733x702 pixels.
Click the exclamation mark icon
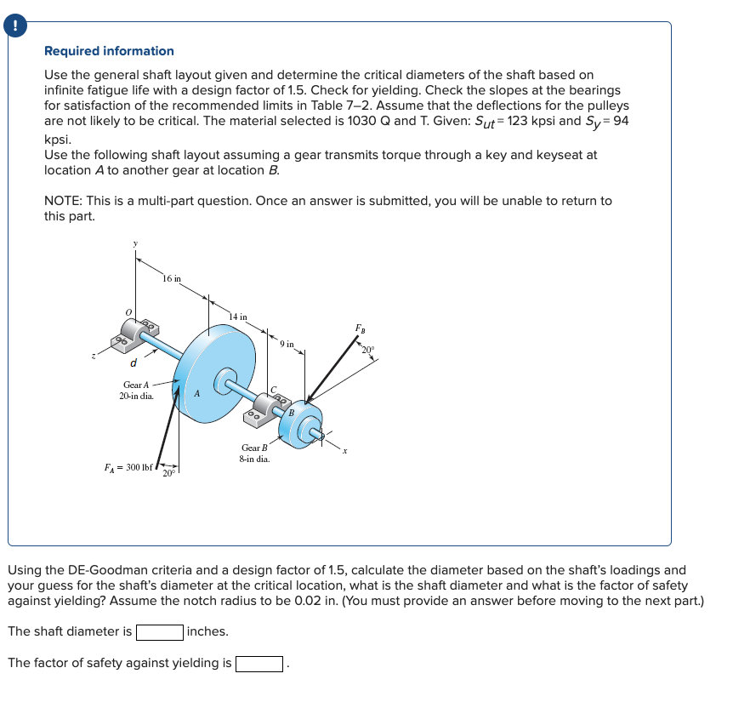(x=14, y=26)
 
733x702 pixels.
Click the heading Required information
(x=109, y=51)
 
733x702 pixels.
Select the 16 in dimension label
(x=171, y=278)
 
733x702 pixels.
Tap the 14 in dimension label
(x=238, y=317)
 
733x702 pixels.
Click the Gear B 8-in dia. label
(x=255, y=453)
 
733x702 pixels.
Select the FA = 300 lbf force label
(x=128, y=467)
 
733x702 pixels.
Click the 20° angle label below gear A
(x=168, y=473)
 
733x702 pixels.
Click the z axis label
(x=95, y=358)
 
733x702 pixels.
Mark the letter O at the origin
(x=128, y=312)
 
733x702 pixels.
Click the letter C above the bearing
(x=273, y=389)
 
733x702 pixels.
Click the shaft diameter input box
(x=160, y=631)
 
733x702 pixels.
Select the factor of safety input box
(x=259, y=663)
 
